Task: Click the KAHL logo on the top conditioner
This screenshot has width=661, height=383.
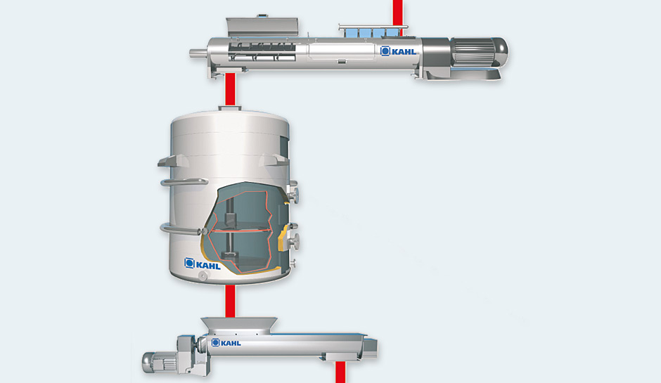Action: click(x=399, y=51)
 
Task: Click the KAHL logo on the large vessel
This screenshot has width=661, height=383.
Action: click(x=203, y=264)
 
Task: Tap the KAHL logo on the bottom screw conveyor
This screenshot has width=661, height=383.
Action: click(x=226, y=342)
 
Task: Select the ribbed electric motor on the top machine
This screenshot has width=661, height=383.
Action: click(x=480, y=52)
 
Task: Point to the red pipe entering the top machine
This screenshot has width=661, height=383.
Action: click(x=397, y=13)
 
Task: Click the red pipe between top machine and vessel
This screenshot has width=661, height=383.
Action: click(x=230, y=89)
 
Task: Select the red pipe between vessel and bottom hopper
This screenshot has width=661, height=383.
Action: click(x=230, y=301)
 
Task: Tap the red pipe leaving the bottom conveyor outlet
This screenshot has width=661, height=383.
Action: click(x=340, y=372)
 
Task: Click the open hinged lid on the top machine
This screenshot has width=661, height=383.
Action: click(x=262, y=27)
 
